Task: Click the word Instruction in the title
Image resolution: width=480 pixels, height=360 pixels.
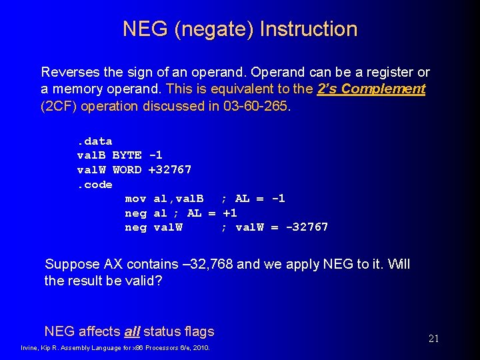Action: click(x=309, y=29)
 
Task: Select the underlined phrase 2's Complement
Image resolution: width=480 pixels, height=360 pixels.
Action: click(x=371, y=89)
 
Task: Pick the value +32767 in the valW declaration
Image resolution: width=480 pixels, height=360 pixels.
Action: click(x=169, y=169)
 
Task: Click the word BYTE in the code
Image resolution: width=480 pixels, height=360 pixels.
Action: click(x=127, y=155)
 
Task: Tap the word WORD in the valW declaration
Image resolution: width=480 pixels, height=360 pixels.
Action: click(x=127, y=169)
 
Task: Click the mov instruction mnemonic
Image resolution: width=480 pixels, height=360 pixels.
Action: click(x=136, y=199)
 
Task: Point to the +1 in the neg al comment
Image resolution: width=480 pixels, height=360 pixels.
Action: click(x=229, y=213)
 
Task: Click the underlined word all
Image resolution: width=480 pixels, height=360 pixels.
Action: click(x=131, y=331)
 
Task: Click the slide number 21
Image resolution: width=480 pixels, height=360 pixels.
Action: click(x=433, y=339)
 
